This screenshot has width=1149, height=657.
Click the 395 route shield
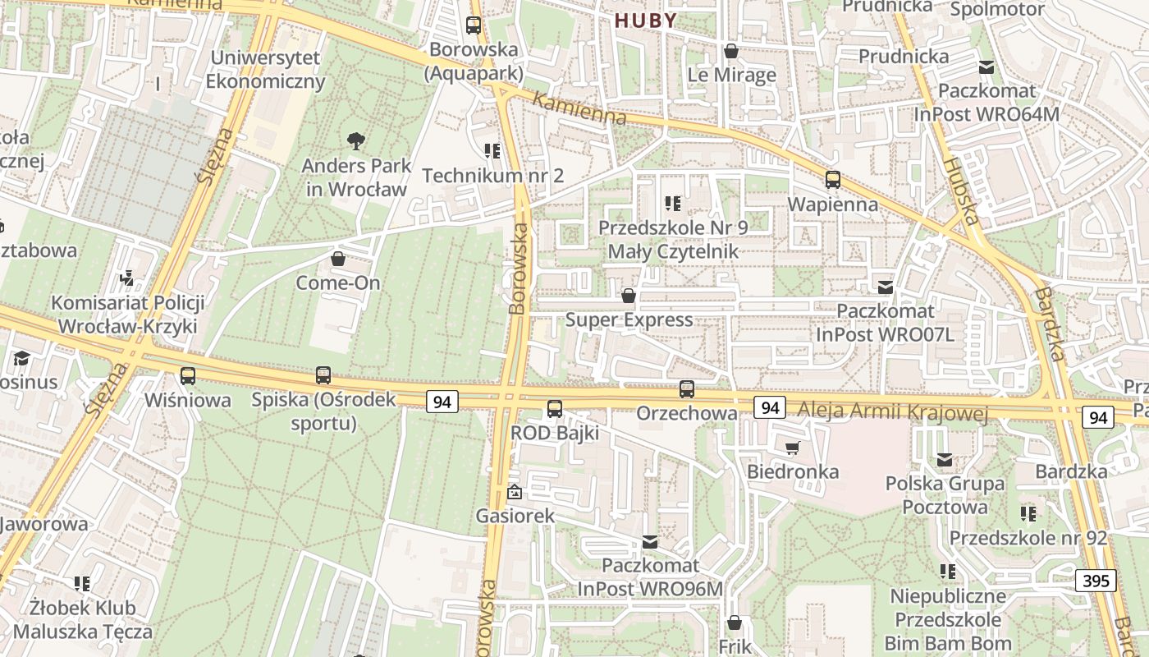coord(1096,581)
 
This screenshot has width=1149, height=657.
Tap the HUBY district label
coord(647,21)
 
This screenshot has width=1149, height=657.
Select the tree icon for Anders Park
coord(356,141)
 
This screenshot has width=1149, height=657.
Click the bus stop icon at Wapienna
coord(833,180)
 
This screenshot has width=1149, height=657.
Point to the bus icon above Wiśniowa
coord(188,376)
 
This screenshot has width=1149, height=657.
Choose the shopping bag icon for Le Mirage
coord(731,52)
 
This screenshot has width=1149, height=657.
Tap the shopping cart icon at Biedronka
coord(792,448)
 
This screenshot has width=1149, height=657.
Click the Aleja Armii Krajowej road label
coord(893,411)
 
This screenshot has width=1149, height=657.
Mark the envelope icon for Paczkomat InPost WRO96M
coord(650,542)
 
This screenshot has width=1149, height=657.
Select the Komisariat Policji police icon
coord(127,278)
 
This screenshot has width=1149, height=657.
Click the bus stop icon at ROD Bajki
coord(555,408)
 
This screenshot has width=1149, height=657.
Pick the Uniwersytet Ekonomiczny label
coord(265,70)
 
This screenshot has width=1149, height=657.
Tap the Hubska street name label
coord(961,191)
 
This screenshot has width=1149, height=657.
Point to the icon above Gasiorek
coord(515,493)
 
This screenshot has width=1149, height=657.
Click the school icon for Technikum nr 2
coord(492,151)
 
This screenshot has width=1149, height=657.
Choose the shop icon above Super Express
coord(629,296)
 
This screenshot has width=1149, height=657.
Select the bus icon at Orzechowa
coord(687,389)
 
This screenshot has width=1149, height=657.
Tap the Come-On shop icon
coord(337,260)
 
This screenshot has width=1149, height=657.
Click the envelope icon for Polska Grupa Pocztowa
coord(945,460)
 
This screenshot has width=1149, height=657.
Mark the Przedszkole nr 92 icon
coord(1028,514)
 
